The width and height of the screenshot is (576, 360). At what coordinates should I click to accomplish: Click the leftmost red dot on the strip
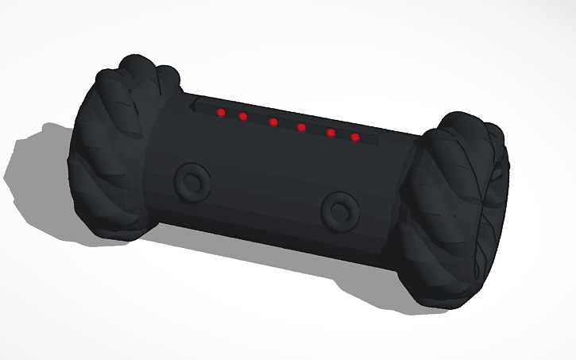pyautogui.click(x=221, y=113)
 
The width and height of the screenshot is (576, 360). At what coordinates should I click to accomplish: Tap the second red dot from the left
pyautogui.click(x=242, y=117)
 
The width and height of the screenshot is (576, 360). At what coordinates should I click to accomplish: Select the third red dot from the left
pyautogui.click(x=273, y=122)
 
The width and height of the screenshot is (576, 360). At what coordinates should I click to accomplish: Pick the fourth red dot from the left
pyautogui.click(x=301, y=127)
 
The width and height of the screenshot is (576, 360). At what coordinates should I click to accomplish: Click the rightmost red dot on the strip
pyautogui.click(x=354, y=137)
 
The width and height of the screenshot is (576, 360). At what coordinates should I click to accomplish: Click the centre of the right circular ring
pyautogui.click(x=341, y=211)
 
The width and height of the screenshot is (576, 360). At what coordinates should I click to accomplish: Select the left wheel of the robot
pyautogui.click(x=119, y=151)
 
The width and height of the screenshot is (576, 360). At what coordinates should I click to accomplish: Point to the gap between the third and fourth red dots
pyautogui.click(x=287, y=126)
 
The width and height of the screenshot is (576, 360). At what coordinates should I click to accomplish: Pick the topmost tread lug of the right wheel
pyautogui.click(x=465, y=122)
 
